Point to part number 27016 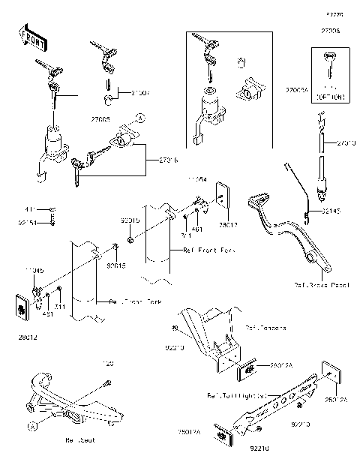pyautogui.click(x=169, y=160)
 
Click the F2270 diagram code pyautogui.click(x=333, y=14)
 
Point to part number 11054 pyautogui.click(x=196, y=180)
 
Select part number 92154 pyautogui.click(x=27, y=221)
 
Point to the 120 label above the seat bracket pyautogui.click(x=107, y=363)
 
